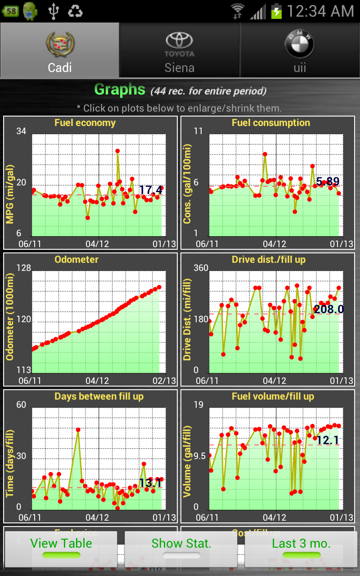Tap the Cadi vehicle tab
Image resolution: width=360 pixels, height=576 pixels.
[x=60, y=50]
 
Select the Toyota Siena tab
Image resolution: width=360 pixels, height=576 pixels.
[x=180, y=50]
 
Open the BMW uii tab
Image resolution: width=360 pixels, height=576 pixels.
[x=300, y=50]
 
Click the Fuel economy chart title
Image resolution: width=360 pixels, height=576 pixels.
[x=85, y=123]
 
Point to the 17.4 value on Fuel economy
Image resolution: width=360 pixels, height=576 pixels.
[x=151, y=190]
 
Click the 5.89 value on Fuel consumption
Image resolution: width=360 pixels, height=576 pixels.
[x=328, y=182]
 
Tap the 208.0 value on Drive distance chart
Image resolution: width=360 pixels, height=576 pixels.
[x=328, y=309]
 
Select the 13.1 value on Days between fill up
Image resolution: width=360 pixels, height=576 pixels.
[x=150, y=483]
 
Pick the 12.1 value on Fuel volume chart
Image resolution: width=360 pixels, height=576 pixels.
[x=327, y=441]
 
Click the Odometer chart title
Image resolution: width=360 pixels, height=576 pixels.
[x=76, y=260]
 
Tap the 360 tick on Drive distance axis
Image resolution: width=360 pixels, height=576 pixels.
[x=201, y=268]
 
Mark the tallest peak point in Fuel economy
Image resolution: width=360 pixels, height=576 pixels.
[x=117, y=151]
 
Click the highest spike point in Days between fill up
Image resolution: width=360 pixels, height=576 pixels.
[x=78, y=430]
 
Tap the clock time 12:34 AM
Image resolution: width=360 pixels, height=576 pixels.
[x=320, y=11]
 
